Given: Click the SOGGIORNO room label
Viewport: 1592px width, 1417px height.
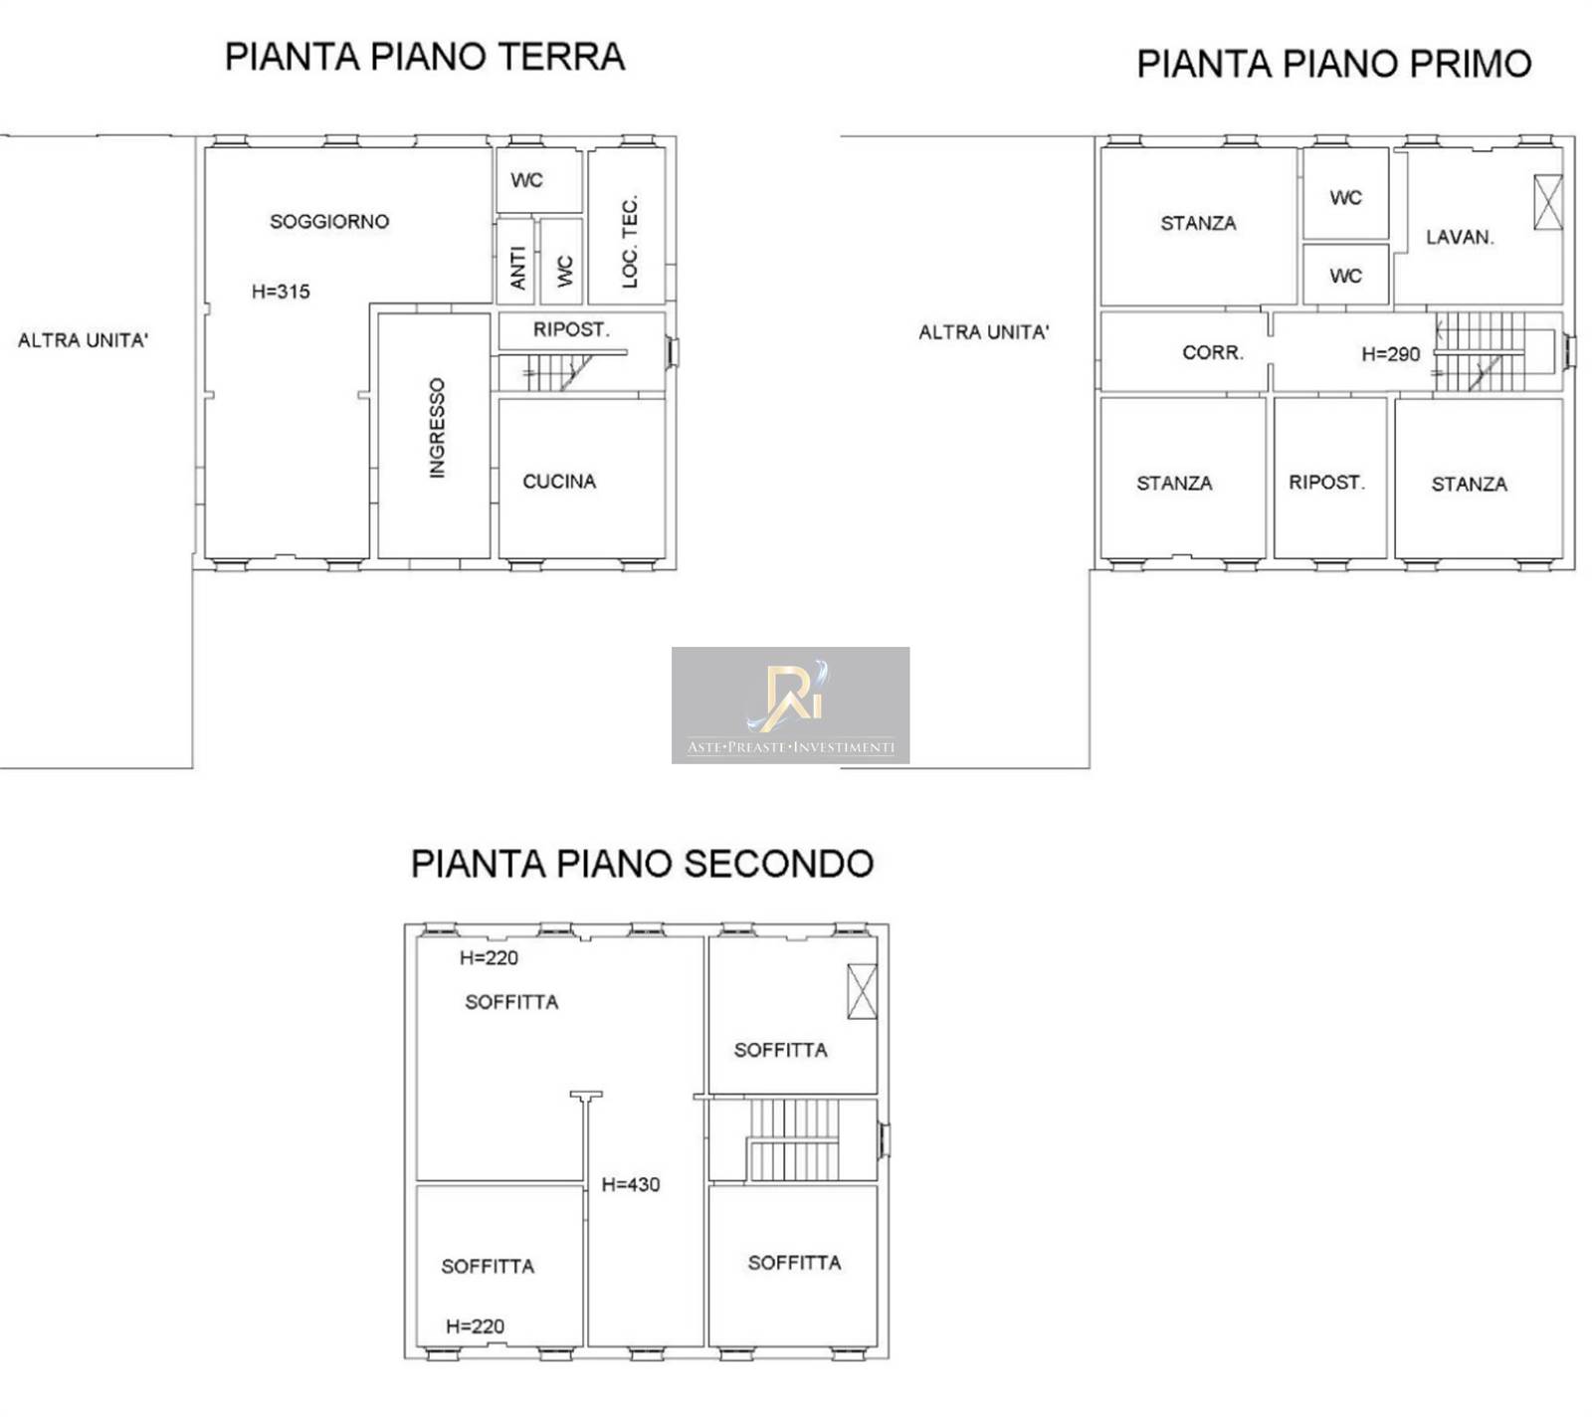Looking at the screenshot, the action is click(x=329, y=222).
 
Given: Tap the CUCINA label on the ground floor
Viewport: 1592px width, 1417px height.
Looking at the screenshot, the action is click(x=559, y=482).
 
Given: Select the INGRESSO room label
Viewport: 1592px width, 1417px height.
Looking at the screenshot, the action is click(x=437, y=428).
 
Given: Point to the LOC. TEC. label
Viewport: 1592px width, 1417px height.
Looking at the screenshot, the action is click(x=629, y=242).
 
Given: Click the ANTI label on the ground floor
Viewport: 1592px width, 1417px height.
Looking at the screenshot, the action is click(x=517, y=269).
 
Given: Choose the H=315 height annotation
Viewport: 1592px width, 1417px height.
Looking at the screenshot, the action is click(x=281, y=292).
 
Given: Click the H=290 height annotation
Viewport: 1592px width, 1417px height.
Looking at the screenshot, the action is click(x=1391, y=353).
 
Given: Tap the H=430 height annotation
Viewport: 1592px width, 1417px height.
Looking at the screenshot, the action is click(x=631, y=1184).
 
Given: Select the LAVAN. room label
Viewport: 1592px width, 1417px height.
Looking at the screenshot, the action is click(x=1460, y=237).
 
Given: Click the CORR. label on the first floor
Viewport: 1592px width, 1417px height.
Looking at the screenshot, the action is click(x=1213, y=352).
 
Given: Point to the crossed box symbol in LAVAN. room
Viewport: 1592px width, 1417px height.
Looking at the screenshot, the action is click(x=1548, y=202).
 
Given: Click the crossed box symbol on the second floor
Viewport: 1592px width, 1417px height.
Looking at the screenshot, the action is click(x=862, y=991).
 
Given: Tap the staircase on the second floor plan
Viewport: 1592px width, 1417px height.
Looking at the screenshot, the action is click(x=794, y=1139).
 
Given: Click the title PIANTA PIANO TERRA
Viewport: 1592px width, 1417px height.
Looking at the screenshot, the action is click(x=425, y=57).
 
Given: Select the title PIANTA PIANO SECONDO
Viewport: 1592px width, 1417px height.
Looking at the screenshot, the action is click(x=642, y=863).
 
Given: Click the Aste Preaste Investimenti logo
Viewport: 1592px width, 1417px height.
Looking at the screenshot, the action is click(x=790, y=706).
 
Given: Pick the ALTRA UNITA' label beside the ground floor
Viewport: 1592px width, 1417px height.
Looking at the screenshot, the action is click(x=83, y=340).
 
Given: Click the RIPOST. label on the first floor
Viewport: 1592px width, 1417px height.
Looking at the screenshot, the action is click(x=1327, y=483).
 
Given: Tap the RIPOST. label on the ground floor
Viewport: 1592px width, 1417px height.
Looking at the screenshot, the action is click(x=571, y=329).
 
